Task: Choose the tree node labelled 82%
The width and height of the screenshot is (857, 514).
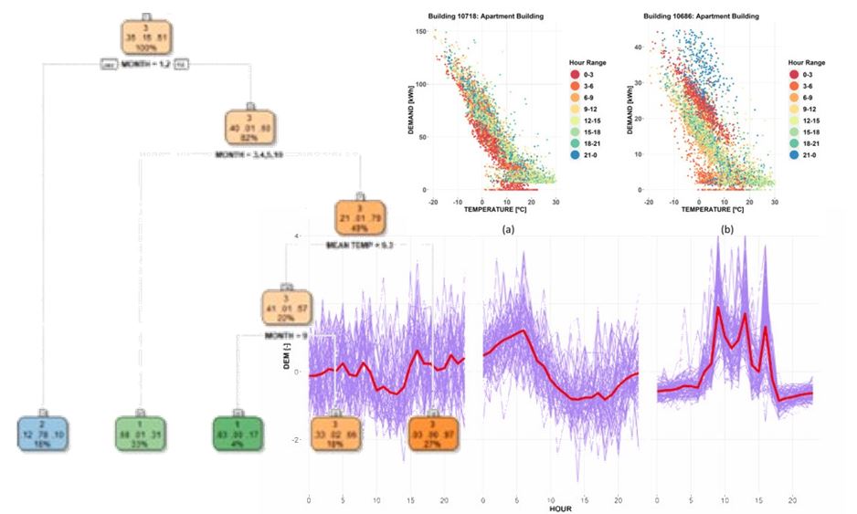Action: pyautogui.click(x=250, y=128)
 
